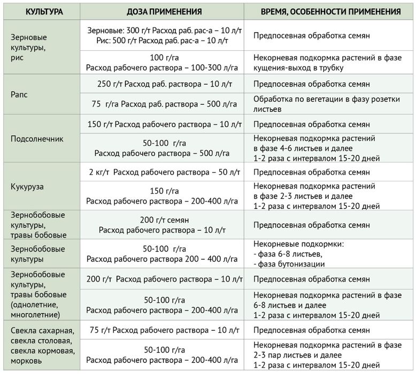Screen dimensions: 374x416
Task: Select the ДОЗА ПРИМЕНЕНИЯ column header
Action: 164,11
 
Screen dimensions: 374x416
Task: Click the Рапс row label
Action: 19,95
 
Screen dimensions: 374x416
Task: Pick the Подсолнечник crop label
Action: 37,139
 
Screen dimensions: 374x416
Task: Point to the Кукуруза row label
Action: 27,188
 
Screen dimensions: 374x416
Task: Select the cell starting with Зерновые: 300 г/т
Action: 164,36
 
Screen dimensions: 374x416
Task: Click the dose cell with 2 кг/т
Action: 164,173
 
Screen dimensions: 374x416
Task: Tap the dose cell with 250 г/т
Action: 164,84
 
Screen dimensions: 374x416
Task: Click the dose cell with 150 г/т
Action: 164,124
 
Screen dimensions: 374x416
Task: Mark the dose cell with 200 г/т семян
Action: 164,225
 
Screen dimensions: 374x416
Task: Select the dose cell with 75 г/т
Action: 164,330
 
